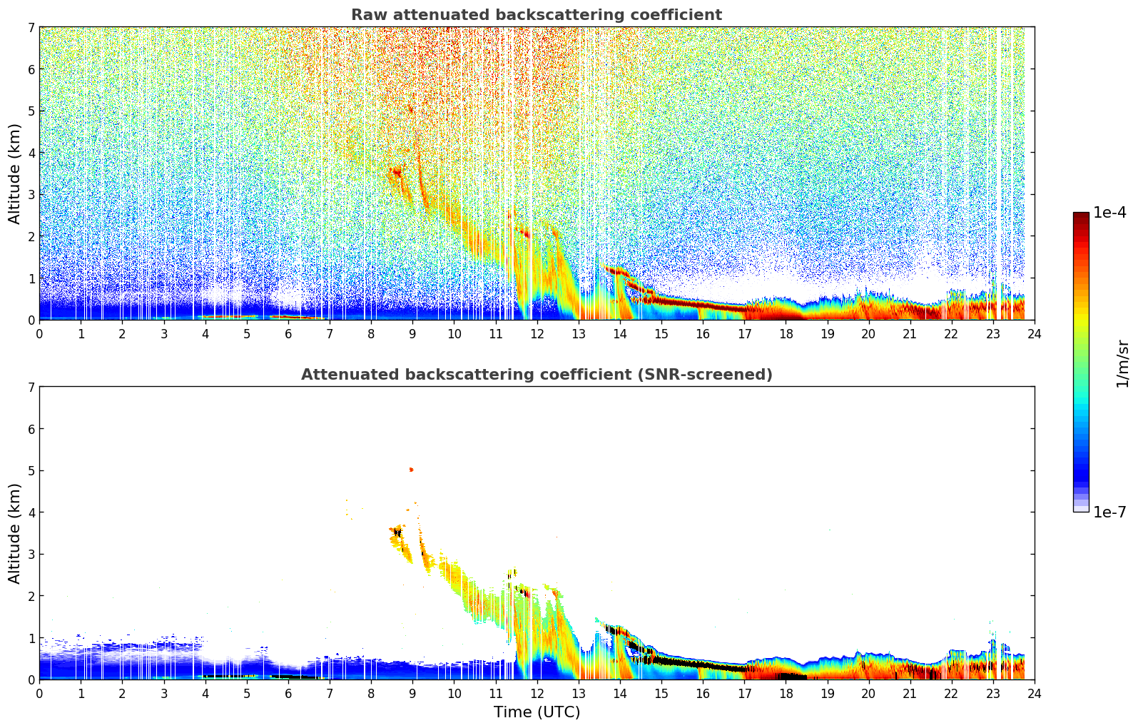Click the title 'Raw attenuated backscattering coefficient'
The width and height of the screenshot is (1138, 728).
click(x=536, y=15)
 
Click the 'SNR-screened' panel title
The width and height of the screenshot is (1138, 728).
click(x=536, y=375)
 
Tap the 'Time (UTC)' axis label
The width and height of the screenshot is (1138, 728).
click(x=537, y=712)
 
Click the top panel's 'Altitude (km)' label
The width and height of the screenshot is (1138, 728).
click(x=15, y=173)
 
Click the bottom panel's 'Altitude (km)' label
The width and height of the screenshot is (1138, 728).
click(x=15, y=533)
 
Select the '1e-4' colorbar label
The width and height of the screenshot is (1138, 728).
click(x=1109, y=213)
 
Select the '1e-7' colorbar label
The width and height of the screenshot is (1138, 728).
click(x=1109, y=512)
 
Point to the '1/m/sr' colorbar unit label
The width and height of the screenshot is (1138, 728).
click(x=1122, y=363)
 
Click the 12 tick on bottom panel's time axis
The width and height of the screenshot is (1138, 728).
click(x=537, y=693)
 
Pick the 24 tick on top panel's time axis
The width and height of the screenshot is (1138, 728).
click(x=1034, y=333)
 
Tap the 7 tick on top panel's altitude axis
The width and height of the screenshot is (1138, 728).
click(x=31, y=27)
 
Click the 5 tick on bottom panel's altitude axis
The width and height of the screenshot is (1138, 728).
click(x=31, y=470)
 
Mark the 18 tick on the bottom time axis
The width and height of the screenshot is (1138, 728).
click(x=786, y=693)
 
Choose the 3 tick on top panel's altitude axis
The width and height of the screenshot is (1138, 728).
click(x=31, y=194)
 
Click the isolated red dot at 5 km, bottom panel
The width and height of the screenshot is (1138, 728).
click(x=411, y=470)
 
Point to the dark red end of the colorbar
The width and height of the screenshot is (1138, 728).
click(x=1081, y=216)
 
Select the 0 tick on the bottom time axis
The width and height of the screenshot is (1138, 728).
click(x=39, y=693)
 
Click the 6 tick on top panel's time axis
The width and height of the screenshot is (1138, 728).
click(x=288, y=333)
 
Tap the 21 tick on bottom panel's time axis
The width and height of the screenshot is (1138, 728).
click(x=910, y=693)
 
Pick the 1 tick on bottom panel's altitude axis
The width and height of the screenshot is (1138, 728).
click(x=31, y=637)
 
